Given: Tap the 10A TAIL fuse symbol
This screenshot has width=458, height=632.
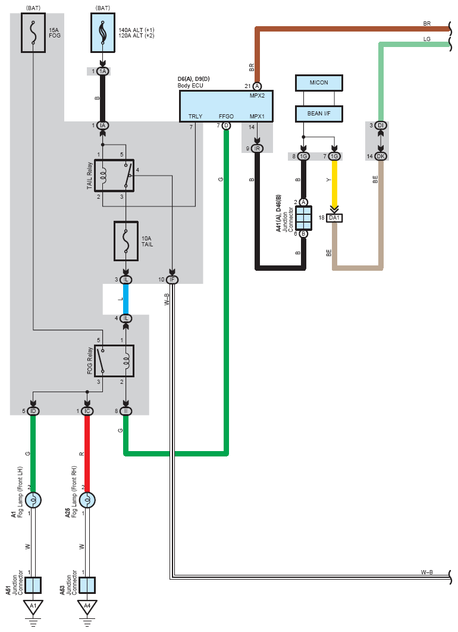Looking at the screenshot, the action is point(126,241).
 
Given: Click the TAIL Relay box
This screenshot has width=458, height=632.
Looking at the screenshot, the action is point(114,176).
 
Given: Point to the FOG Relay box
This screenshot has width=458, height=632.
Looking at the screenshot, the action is point(114,361).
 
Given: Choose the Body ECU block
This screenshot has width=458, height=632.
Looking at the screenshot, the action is point(227,106).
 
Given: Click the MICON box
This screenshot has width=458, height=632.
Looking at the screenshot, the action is point(319,83).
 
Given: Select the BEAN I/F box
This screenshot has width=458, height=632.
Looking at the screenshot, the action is point(319,114).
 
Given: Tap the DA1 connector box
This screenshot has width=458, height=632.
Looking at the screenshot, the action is point(334,218).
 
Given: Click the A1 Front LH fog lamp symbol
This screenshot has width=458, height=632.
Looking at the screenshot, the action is point(33,500).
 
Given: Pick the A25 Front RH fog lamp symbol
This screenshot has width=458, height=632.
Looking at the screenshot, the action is point(87,500).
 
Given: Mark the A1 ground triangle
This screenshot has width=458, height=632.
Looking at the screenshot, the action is point(33,606).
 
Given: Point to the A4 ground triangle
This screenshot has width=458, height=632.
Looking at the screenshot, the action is point(87,606).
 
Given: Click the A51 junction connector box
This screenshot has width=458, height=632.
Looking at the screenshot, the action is point(33,585).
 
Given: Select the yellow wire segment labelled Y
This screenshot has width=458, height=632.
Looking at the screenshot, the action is point(334,183).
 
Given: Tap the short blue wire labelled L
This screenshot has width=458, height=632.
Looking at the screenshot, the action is point(126,299).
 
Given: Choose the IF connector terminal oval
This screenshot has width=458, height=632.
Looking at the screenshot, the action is point(172,279).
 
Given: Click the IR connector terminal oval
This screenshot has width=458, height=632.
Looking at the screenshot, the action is point(257,148).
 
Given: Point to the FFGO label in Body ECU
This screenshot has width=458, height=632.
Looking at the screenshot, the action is point(227,116).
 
